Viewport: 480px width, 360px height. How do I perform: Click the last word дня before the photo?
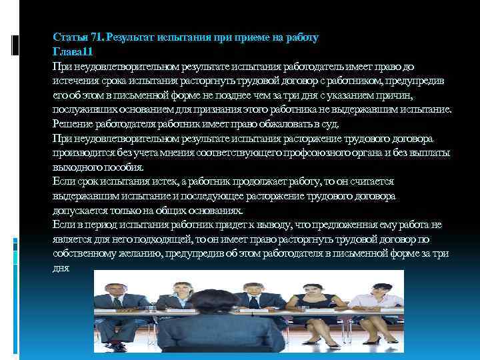coord(60,268)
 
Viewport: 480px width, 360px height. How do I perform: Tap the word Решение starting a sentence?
coord(74,124)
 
